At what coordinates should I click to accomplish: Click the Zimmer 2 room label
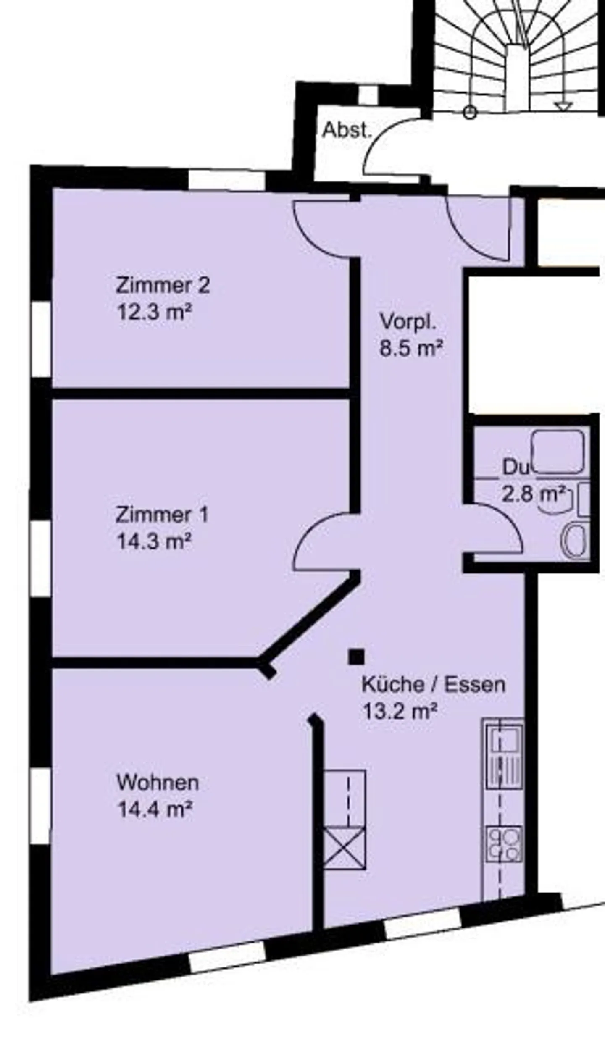(163, 286)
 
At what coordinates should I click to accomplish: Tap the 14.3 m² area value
(154, 541)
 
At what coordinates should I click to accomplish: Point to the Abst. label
(347, 131)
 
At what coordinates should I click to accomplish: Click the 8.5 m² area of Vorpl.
(411, 348)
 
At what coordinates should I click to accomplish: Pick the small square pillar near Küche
(356, 657)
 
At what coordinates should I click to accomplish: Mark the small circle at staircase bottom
(470, 113)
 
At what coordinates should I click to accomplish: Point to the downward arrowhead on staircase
(563, 107)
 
